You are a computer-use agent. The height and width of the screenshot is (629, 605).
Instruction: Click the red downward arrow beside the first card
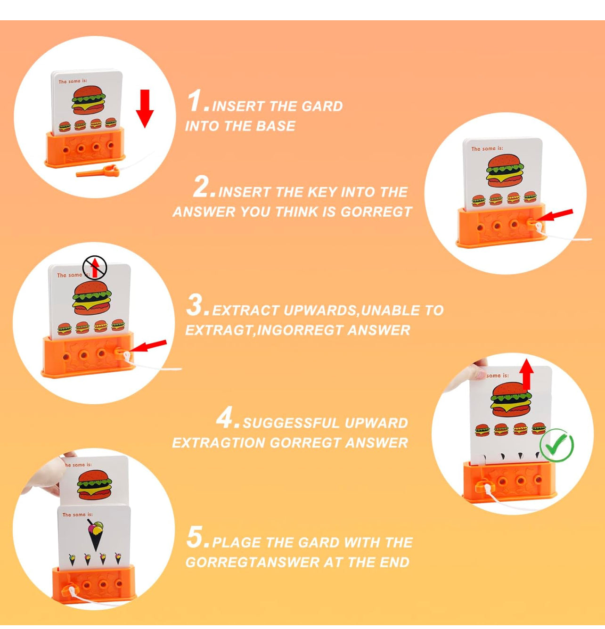(145, 109)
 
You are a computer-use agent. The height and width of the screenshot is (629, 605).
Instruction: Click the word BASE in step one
(275, 126)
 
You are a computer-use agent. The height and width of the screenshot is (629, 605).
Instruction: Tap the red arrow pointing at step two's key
(556, 216)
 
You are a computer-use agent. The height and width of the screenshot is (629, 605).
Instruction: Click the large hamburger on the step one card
(89, 100)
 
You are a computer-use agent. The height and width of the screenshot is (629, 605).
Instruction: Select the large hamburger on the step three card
(92, 298)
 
